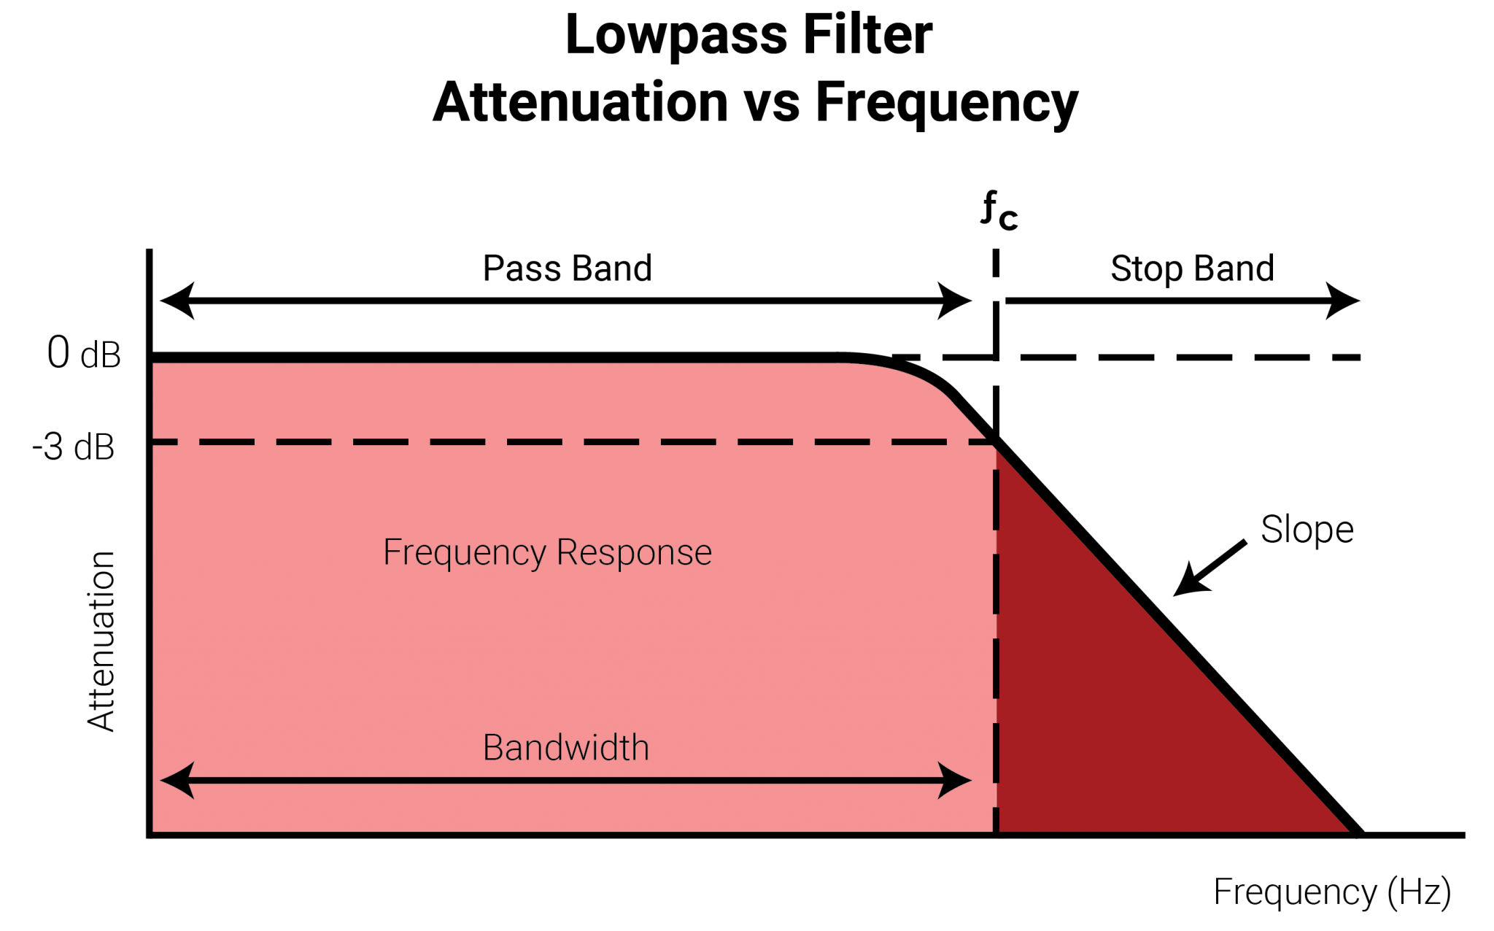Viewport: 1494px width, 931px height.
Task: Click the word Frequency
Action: click(x=464, y=553)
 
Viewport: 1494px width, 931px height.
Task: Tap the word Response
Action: click(x=634, y=553)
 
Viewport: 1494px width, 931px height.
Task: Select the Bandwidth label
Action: click(x=565, y=748)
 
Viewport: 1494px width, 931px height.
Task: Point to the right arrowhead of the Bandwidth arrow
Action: click(x=957, y=780)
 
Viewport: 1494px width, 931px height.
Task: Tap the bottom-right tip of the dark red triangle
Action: click(x=1347, y=830)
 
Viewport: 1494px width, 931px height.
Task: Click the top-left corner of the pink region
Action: click(x=154, y=364)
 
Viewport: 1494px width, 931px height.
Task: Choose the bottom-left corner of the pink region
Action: click(x=154, y=830)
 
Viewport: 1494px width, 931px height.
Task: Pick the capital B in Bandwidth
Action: click(x=493, y=748)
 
